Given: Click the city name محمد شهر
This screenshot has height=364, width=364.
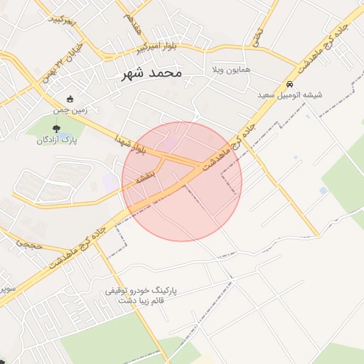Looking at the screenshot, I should pyautogui.click(x=151, y=73).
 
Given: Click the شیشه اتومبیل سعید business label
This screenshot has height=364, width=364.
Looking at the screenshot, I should pyautogui.click(x=291, y=95).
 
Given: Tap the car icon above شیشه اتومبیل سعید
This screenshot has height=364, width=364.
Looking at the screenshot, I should pyautogui.click(x=290, y=83).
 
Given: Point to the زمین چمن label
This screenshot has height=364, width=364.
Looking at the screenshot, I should pyautogui.click(x=70, y=111).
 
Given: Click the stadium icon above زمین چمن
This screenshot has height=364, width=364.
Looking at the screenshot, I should pyautogui.click(x=69, y=99).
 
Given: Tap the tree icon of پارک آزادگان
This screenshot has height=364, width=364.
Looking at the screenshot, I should pyautogui.click(x=56, y=129).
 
